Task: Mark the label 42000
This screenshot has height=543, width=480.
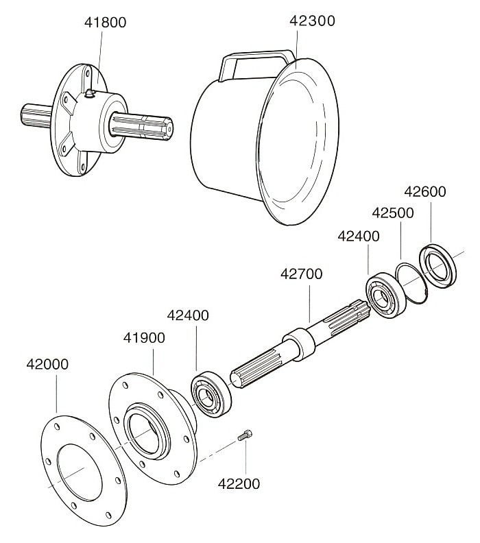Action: [47, 363]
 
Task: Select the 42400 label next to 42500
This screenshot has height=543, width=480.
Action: [359, 237]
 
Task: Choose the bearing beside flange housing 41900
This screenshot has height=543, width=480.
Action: [211, 394]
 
